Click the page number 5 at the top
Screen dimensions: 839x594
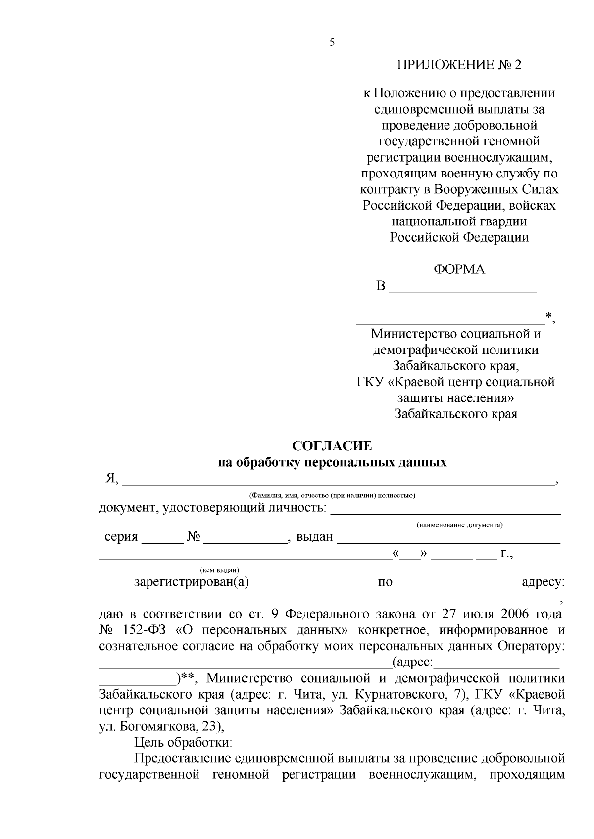[332, 43]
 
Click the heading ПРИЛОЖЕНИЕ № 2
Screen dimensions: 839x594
[459, 65]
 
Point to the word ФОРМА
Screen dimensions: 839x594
[459, 270]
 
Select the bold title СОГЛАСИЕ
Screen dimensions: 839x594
[332, 446]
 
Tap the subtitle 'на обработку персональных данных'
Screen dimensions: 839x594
[332, 463]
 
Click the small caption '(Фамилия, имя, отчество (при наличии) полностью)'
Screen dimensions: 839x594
[332, 495]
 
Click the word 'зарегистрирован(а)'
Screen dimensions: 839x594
[192, 582]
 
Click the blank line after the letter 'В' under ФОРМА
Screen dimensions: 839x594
[463, 290]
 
